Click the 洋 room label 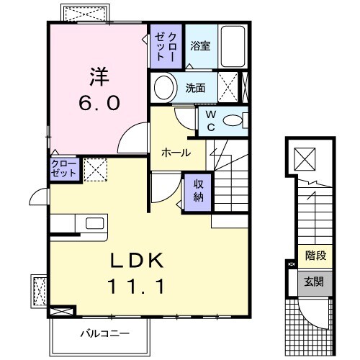tap(100, 75)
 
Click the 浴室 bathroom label tap(200, 46)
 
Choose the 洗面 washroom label tap(194, 89)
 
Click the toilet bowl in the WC tap(233, 121)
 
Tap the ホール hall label tap(176, 153)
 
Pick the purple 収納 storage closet tap(198, 191)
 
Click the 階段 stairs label tap(315, 254)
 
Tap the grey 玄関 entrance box tap(315, 281)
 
